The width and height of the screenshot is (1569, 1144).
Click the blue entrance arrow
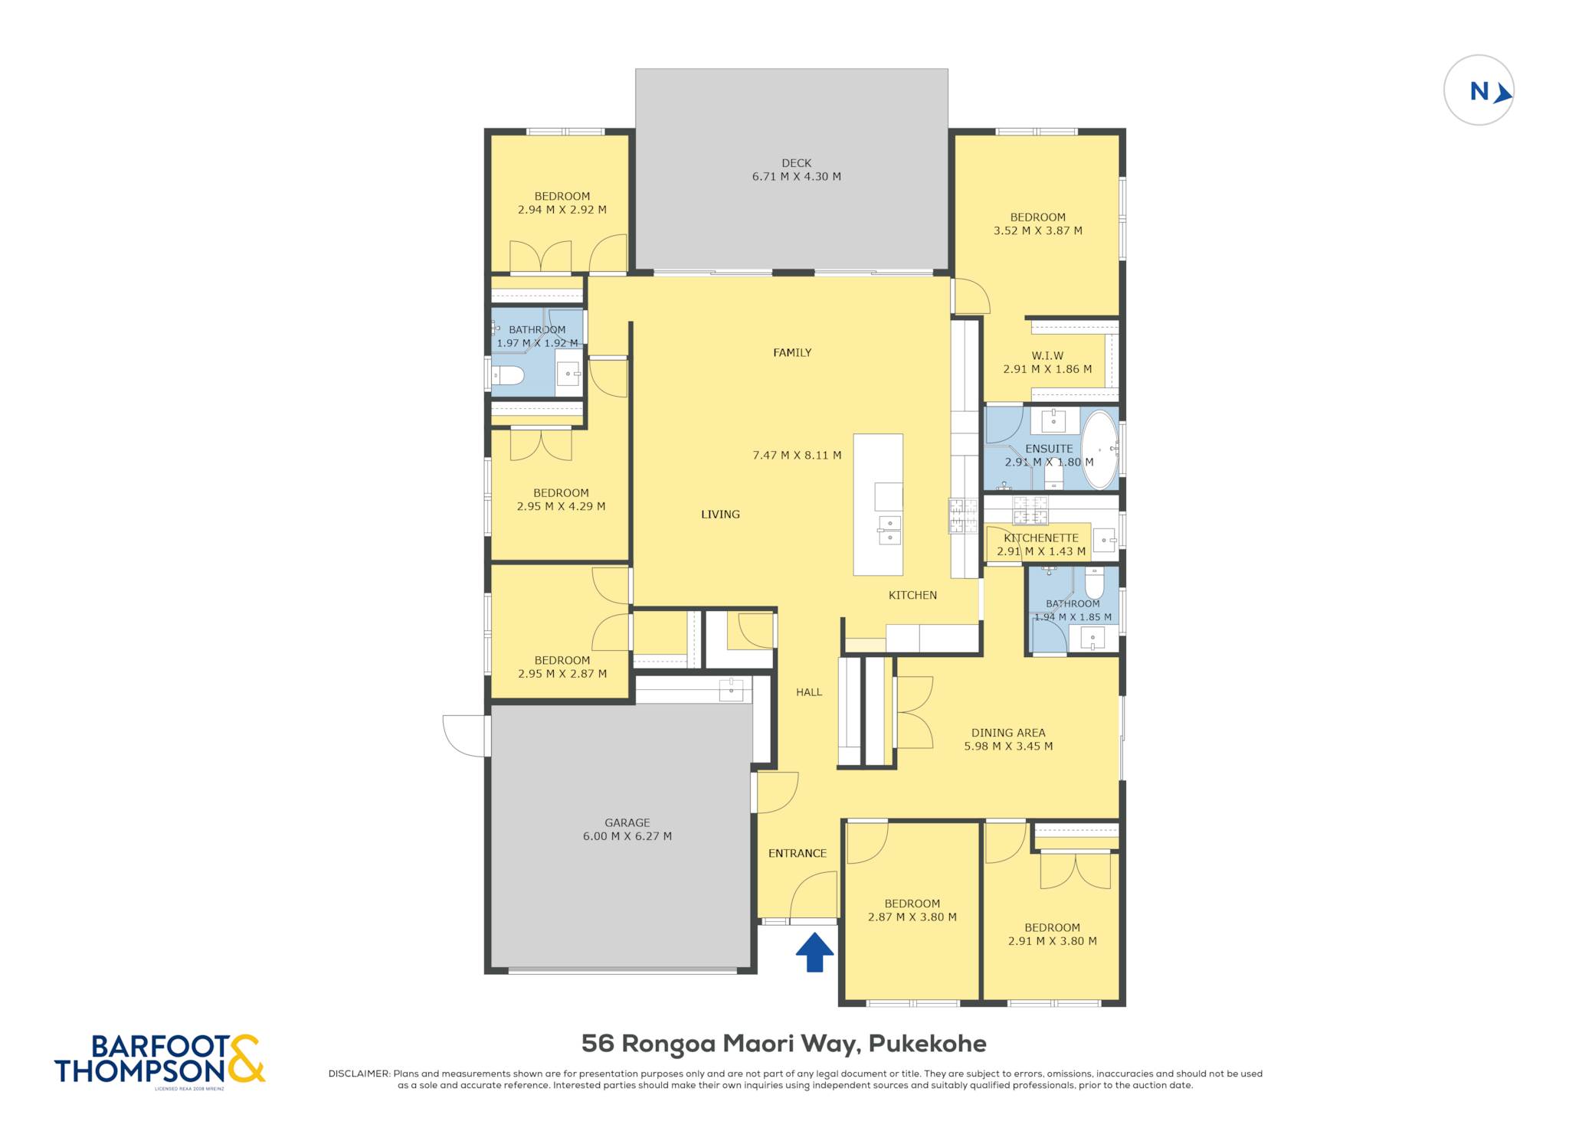pos(814,952)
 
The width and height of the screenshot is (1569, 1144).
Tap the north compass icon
pos(1479,90)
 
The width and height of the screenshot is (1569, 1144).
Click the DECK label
pos(797,163)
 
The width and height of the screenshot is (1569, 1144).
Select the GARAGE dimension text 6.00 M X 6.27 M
pos(627,836)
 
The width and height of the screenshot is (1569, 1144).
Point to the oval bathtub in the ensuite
pos(1100,450)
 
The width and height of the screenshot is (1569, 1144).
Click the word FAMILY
pos(792,353)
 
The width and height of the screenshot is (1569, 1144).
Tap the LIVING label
pos(721,515)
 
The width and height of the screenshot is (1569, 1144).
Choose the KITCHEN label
pos(912,595)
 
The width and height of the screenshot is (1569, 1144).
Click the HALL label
pos(809,692)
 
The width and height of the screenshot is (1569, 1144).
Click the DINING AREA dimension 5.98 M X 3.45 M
pos(1008,746)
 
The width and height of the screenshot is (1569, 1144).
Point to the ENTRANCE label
pos(798,853)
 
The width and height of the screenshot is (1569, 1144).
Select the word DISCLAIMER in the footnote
pos(359,1074)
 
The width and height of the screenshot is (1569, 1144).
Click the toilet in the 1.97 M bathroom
pos(508,375)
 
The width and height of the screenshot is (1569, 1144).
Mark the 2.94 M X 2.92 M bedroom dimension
pos(562,210)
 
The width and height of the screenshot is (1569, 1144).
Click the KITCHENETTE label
pos(1041,538)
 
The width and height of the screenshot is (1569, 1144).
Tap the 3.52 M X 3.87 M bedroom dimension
pos(1038,230)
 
